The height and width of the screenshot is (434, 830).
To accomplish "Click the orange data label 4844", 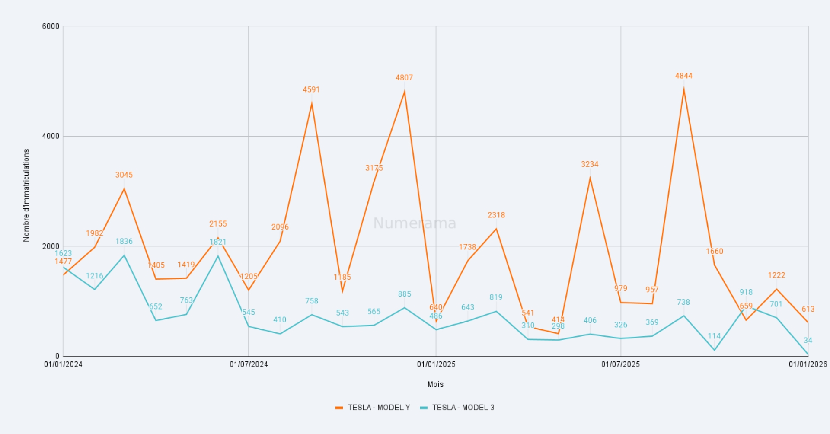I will tap(683, 76).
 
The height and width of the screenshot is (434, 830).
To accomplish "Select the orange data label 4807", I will tap(404, 78).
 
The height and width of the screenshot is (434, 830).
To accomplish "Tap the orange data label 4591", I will tap(311, 90).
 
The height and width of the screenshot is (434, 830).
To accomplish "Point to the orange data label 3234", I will tap(590, 164).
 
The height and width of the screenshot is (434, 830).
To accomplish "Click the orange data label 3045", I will tap(124, 175).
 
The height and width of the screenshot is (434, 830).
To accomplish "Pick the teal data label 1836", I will tap(124, 242).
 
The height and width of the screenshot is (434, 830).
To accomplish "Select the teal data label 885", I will tap(405, 294).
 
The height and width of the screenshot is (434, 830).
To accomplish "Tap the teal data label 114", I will tap(714, 336).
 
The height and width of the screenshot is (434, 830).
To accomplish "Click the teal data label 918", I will tap(746, 292).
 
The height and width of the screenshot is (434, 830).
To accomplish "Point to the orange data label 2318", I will tap(496, 215).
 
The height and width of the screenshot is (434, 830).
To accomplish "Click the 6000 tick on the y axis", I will tap(51, 26).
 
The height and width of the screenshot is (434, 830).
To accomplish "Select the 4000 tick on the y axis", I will tap(51, 136).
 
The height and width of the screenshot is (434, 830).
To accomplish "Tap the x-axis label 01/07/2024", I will tap(249, 364).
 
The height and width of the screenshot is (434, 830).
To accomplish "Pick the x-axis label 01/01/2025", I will tap(436, 364).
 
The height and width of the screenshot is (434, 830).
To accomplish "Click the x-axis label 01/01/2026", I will tap(808, 364).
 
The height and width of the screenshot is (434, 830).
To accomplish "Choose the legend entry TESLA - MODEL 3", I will tap(463, 408).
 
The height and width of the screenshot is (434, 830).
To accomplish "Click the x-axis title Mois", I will tap(435, 385).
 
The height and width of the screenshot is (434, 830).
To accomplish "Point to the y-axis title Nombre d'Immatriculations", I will tap(26, 195).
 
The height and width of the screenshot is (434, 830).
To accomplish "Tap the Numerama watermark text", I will tap(415, 223).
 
